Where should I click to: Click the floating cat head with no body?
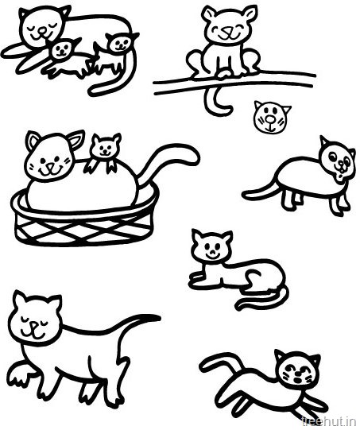click(x=271, y=118)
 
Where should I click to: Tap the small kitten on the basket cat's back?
click(x=104, y=152)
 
